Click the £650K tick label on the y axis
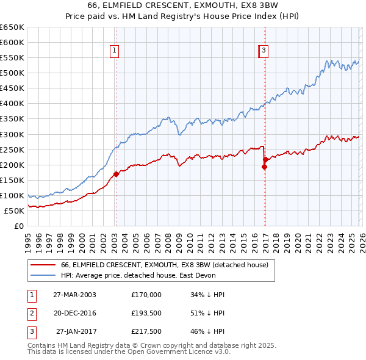click(x=12, y=27)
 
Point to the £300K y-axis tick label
click(x=12, y=134)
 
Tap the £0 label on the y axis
click(x=18, y=226)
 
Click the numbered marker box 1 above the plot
click(x=115, y=51)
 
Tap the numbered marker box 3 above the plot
click(x=264, y=51)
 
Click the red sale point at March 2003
click(x=116, y=174)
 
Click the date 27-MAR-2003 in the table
click(x=74, y=295)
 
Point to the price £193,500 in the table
click(x=146, y=313)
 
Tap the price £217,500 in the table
click(x=146, y=331)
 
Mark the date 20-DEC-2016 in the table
click(x=74, y=313)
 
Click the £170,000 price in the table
click(x=146, y=295)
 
